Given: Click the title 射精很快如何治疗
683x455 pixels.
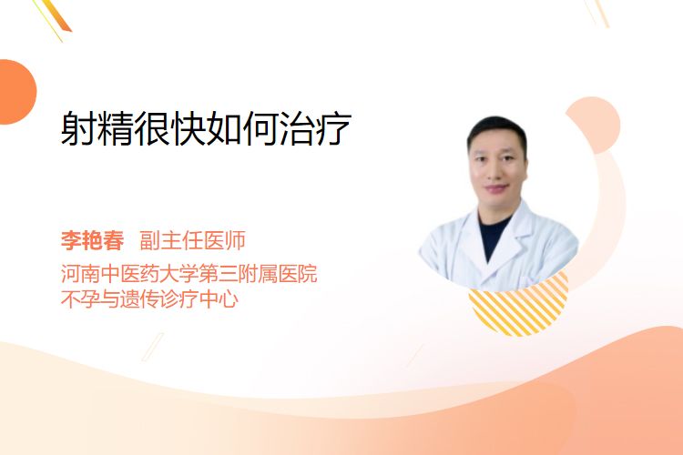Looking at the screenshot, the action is pyautogui.click(x=206, y=128).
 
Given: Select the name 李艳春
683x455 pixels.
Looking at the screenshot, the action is pyautogui.click(x=92, y=240).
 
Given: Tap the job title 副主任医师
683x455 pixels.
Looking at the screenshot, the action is pyautogui.click(x=192, y=240).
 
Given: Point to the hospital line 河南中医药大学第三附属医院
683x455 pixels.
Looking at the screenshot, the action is pyautogui.click(x=189, y=274).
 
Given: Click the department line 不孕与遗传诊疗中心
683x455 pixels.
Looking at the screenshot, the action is pyautogui.click(x=150, y=299).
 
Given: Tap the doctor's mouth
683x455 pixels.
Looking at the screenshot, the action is pyautogui.click(x=497, y=189).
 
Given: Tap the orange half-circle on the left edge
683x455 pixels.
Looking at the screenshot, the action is pyautogui.click(x=16, y=92).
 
